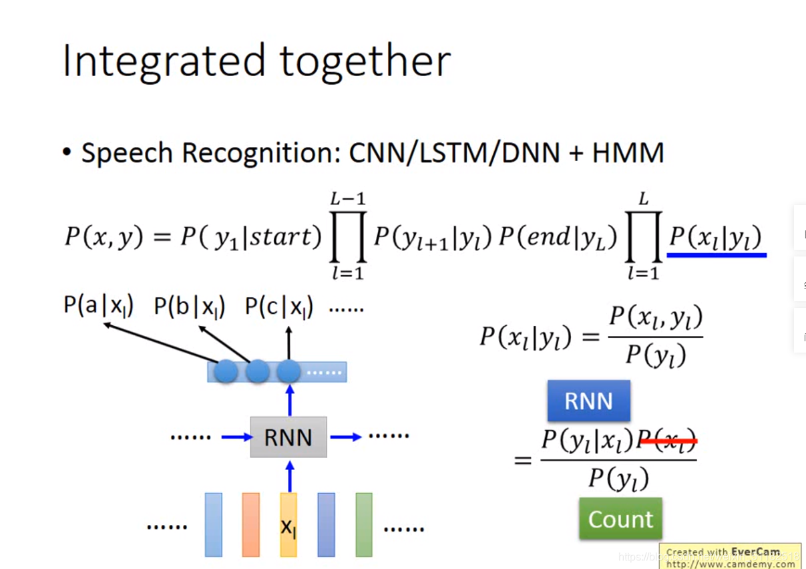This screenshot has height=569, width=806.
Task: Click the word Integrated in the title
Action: point(164,61)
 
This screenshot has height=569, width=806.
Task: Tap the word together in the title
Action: point(365,61)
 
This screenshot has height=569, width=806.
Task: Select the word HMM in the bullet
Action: point(628,153)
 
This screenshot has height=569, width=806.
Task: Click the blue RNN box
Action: point(588,401)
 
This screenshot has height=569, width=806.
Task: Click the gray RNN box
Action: point(288,437)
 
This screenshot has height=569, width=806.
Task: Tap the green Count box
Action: point(620,519)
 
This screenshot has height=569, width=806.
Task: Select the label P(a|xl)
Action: point(99,306)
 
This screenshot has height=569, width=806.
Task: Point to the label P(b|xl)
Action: point(190,307)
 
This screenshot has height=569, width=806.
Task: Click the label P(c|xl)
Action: point(279,307)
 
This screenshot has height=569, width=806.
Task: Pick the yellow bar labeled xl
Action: point(288,525)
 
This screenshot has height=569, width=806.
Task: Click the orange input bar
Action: point(250,525)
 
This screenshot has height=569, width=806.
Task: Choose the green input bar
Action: point(364,525)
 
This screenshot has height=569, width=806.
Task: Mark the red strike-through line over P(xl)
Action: point(668,440)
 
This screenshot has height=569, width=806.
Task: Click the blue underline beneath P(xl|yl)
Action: point(717,254)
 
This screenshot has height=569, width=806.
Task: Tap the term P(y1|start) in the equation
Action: point(251,236)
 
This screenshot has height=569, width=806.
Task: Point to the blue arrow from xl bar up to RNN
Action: point(289,475)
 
